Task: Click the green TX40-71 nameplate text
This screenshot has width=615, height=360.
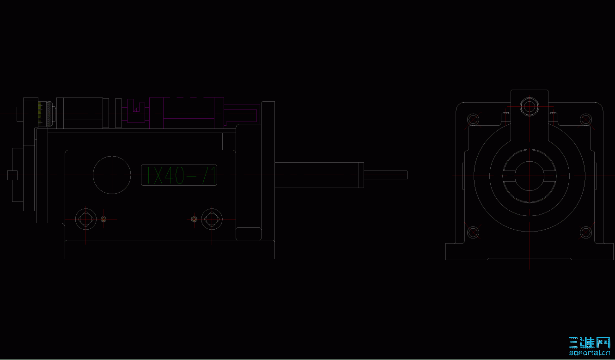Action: [x=179, y=176]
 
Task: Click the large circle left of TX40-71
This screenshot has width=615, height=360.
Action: [x=112, y=175]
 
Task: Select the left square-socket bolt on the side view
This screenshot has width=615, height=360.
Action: [x=85, y=219]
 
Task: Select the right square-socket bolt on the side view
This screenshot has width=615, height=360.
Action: [x=212, y=219]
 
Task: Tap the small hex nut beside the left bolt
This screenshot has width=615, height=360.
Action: [x=104, y=219]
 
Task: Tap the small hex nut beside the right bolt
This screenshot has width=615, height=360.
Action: [x=194, y=219]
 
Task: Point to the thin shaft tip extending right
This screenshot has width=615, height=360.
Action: [x=386, y=175]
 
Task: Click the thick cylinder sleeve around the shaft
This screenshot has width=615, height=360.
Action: [x=319, y=175]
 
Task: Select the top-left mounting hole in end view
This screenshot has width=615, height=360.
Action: [x=473, y=119]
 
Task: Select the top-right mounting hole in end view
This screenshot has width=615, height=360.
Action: [x=586, y=119]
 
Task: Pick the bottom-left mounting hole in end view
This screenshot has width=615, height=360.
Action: [x=473, y=232]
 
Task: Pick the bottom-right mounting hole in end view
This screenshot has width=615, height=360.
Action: [x=586, y=232]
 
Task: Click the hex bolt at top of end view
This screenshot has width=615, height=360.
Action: [x=529, y=107]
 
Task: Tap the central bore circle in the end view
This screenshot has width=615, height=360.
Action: [x=529, y=176]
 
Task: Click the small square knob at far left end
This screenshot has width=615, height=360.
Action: [x=13, y=175]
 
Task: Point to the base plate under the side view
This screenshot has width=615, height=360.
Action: [x=170, y=250]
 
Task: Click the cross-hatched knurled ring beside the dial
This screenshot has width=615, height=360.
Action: [x=49, y=114]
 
